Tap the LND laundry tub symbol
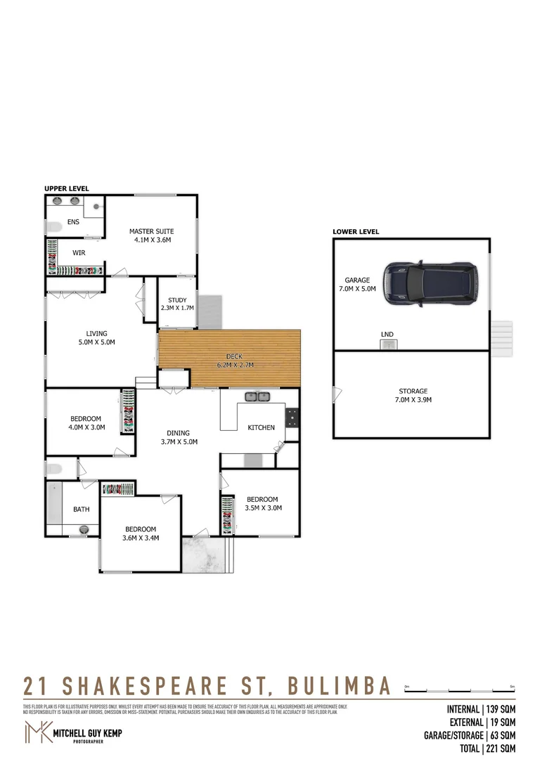pyautogui.click(x=388, y=344)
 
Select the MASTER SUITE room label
pyautogui.click(x=151, y=235)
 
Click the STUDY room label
pyautogui.click(x=177, y=304)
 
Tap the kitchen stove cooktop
pyautogui.click(x=291, y=417)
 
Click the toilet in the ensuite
pyautogui.click(x=53, y=227)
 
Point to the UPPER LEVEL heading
pyautogui.click(x=67, y=188)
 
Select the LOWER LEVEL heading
pyautogui.click(x=356, y=232)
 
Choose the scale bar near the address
pyautogui.click(x=460, y=690)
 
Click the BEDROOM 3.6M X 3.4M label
pyautogui.click(x=141, y=534)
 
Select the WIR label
pyautogui.click(x=79, y=252)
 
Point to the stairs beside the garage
pyautogui.click(x=503, y=338)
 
